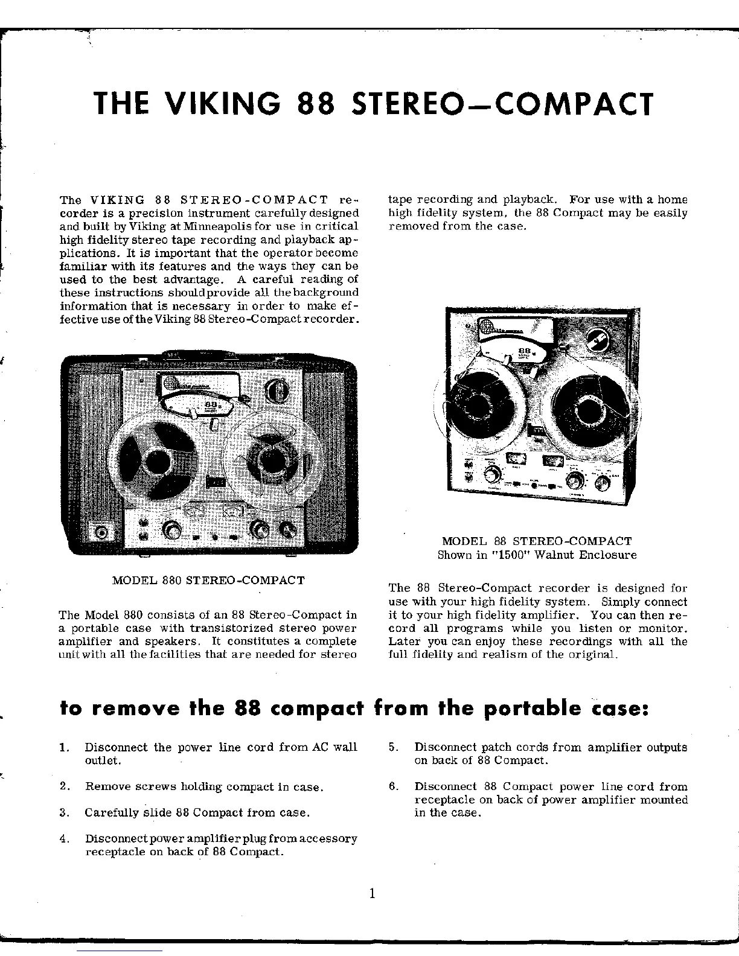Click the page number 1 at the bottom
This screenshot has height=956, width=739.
click(x=372, y=893)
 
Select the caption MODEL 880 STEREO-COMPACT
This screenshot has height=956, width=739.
click(x=209, y=580)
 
